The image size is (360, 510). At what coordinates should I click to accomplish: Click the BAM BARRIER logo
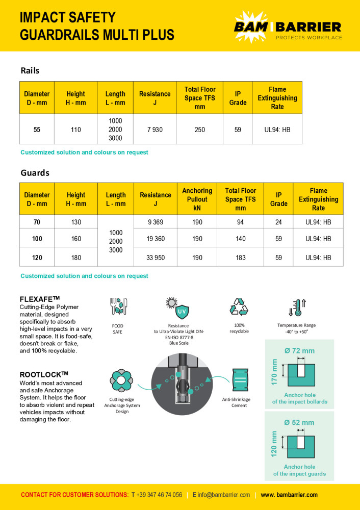288,26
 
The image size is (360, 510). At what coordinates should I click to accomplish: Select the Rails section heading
30,71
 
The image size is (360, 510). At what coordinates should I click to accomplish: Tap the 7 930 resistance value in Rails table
155,130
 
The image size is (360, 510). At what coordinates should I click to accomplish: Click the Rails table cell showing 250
199,130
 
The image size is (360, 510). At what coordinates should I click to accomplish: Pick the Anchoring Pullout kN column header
197,199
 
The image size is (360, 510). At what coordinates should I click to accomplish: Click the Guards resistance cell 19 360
155,239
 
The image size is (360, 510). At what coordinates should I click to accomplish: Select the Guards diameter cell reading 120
37,258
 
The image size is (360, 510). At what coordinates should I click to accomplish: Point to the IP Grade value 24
278,222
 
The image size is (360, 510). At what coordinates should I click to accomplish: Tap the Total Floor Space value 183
241,258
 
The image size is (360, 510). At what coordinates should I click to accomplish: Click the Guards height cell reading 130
76,222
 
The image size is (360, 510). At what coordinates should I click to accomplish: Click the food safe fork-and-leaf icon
118,307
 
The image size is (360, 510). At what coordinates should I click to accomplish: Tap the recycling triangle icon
239,308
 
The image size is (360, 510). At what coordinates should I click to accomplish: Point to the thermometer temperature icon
297,309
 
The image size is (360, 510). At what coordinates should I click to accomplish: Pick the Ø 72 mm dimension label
299,351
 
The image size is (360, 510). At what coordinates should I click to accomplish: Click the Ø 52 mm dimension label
299,422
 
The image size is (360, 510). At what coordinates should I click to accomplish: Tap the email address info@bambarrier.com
223,495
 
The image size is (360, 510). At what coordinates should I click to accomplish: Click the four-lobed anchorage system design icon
121,380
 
